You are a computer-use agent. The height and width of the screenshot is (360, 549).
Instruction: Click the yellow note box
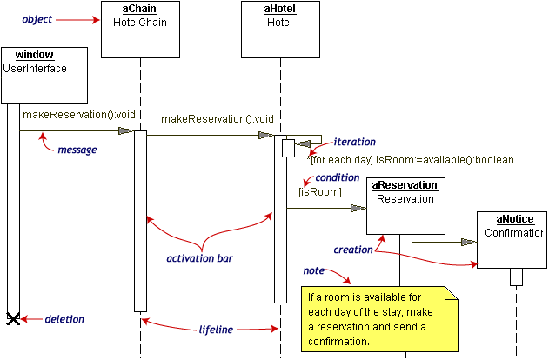tap(379, 319)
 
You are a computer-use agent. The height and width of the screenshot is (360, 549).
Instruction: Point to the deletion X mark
tap(13, 319)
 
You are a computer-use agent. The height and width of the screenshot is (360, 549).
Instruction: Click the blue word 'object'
tap(37, 19)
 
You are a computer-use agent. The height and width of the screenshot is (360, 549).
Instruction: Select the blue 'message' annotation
tap(77, 150)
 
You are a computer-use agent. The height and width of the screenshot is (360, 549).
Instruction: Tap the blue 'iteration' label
tap(354, 142)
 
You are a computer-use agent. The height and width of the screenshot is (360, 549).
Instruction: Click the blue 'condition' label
tap(338, 177)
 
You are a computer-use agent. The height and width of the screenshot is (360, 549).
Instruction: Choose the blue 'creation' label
tap(353, 250)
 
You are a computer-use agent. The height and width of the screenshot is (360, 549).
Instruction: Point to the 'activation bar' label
tap(199, 258)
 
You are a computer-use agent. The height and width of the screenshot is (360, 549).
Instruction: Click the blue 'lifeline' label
tap(216, 330)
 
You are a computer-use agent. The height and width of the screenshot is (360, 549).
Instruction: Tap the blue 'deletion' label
tap(64, 319)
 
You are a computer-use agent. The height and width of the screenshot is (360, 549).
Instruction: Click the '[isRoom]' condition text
tap(320, 192)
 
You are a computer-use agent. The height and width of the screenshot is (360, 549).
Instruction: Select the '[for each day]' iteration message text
tap(341, 160)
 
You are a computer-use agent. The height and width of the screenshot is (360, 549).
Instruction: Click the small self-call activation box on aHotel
tap(288, 149)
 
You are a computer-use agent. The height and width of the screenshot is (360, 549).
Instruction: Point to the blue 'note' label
tap(314, 270)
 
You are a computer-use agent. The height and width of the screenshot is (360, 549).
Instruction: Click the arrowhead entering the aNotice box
tap(468, 242)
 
